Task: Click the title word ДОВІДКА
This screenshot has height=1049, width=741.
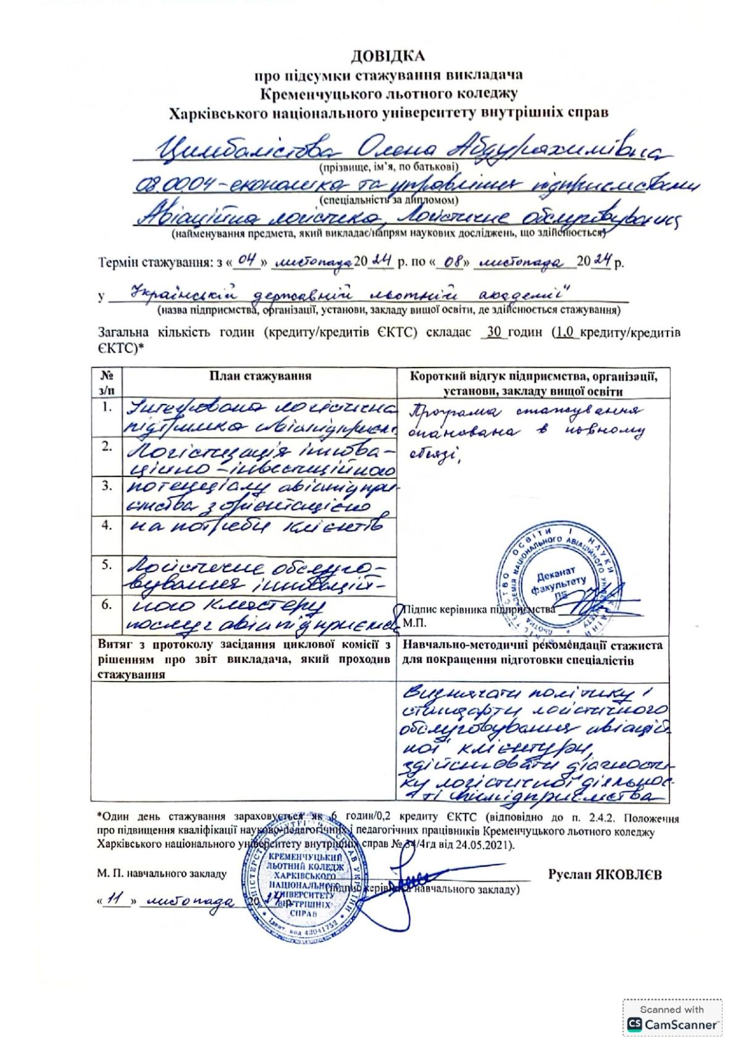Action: click(388, 57)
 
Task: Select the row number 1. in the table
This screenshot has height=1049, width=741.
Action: click(108, 407)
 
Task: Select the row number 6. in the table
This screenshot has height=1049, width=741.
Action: click(108, 605)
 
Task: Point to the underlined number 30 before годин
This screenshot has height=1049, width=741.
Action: click(493, 332)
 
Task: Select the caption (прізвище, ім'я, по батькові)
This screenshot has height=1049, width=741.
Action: click(388, 166)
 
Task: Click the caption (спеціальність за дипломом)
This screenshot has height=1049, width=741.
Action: click(389, 200)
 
